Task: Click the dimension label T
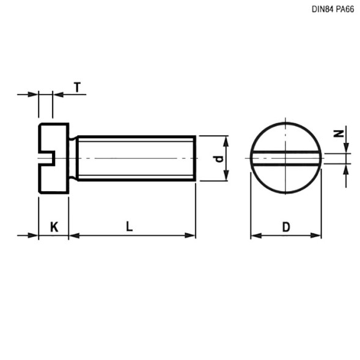(77, 87)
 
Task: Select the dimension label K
(54, 227)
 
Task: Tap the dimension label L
(129, 227)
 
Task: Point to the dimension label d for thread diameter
(217, 159)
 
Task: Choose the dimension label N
(337, 133)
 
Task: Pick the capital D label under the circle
(285, 227)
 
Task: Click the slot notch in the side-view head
(46, 158)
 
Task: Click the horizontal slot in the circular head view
(285, 158)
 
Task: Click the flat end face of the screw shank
(195, 158)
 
